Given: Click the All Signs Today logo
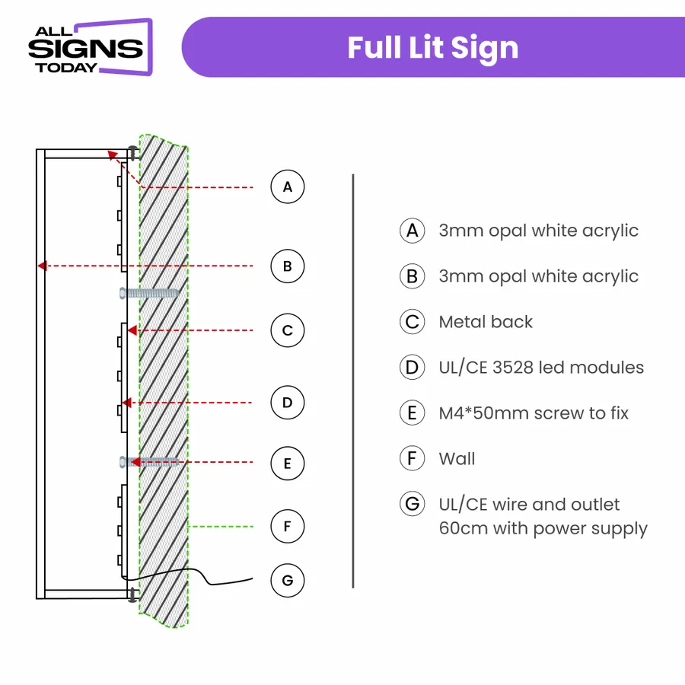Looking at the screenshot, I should [x=90, y=47].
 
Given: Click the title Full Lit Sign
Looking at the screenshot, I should [x=432, y=47].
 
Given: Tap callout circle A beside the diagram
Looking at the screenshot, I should [x=288, y=186].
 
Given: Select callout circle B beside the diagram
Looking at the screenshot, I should [x=288, y=266].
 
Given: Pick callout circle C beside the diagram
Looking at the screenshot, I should [x=288, y=330].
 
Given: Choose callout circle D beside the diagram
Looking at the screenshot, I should [x=288, y=402].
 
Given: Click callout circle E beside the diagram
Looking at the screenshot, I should [x=288, y=463].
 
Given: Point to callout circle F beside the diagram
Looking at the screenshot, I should [x=288, y=526].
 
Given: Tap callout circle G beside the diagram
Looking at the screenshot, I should [x=288, y=581].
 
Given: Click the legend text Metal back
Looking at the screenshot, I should [x=486, y=322].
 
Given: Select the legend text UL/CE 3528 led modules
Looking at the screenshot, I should [x=541, y=368].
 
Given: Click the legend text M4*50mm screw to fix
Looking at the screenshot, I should [x=534, y=413].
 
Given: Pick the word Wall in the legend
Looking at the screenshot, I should [x=457, y=459].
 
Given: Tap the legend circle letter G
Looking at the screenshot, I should [x=412, y=505].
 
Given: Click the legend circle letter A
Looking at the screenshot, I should [x=412, y=231].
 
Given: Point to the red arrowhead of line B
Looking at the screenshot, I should [x=43, y=266].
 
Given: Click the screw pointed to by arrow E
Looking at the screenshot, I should [x=150, y=461].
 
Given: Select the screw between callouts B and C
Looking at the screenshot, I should [x=150, y=293].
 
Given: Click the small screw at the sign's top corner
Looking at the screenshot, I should [x=133, y=152].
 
